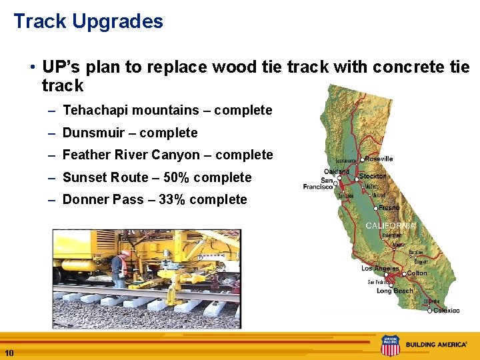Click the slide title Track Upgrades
88,21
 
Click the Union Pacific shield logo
390,345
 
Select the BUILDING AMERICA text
436,345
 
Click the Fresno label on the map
389,208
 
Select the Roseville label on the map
379,159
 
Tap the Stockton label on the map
373,177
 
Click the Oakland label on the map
337,171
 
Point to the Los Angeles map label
380,268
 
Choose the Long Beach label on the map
394,291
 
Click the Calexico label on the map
446,310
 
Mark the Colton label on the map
417,273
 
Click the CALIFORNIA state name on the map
391,226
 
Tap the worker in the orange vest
118,268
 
